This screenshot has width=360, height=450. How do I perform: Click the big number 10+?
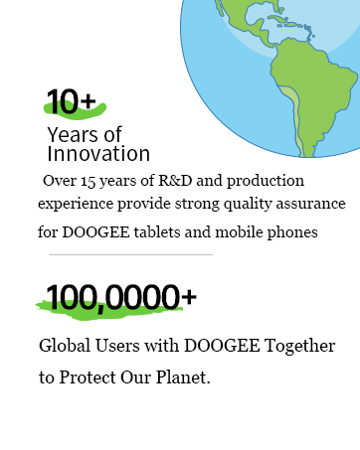pyautogui.click(x=72, y=100)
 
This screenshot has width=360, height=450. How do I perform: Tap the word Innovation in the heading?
pyautogui.click(x=98, y=154)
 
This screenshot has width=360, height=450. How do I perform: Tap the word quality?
pyautogui.click(x=232, y=204)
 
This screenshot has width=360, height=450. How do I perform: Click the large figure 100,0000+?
pyautogui.click(x=120, y=296)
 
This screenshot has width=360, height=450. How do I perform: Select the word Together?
pyautogui.click(x=297, y=348)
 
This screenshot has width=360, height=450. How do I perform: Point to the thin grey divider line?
pyautogui.click(x=125, y=254)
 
